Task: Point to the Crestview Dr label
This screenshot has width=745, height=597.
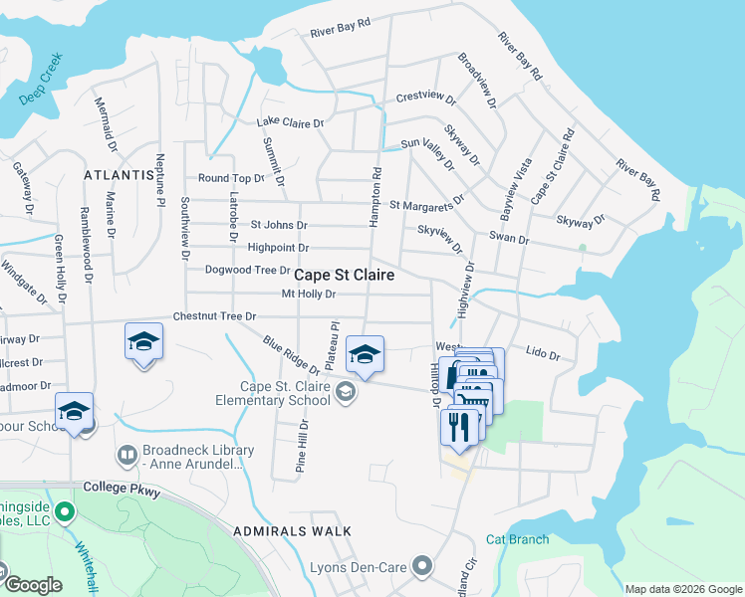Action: [x=425, y=99]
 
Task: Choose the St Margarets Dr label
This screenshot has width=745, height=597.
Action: [x=426, y=204]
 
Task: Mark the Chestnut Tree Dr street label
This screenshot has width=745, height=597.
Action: [x=214, y=315]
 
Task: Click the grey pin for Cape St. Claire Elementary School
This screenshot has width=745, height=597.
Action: [x=345, y=391]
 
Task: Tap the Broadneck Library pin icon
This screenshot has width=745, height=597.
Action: [x=126, y=456]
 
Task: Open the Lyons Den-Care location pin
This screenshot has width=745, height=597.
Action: [x=422, y=566]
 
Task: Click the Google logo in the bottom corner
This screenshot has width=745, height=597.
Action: [x=32, y=585]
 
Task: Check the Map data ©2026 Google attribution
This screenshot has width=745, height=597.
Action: [x=682, y=589]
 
